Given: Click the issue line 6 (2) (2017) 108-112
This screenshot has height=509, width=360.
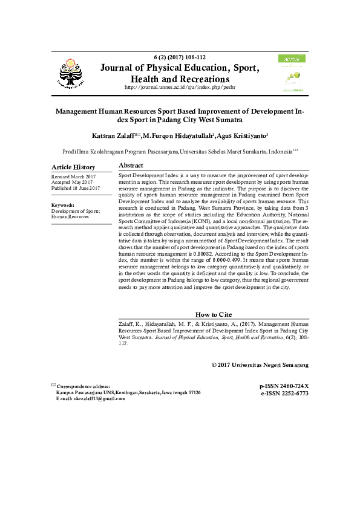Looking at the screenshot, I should [x=180, y=57].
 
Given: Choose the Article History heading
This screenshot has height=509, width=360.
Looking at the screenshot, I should [x=73, y=167].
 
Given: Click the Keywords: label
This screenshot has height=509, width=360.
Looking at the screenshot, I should [x=63, y=205].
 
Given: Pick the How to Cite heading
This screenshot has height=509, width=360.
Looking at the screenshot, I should [x=214, y=315].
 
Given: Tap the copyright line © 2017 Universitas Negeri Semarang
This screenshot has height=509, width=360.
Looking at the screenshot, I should [x=260, y=365].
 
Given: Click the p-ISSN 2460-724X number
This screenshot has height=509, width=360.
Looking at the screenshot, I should [x=284, y=386].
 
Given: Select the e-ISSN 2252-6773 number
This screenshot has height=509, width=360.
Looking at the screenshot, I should [x=284, y=393].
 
